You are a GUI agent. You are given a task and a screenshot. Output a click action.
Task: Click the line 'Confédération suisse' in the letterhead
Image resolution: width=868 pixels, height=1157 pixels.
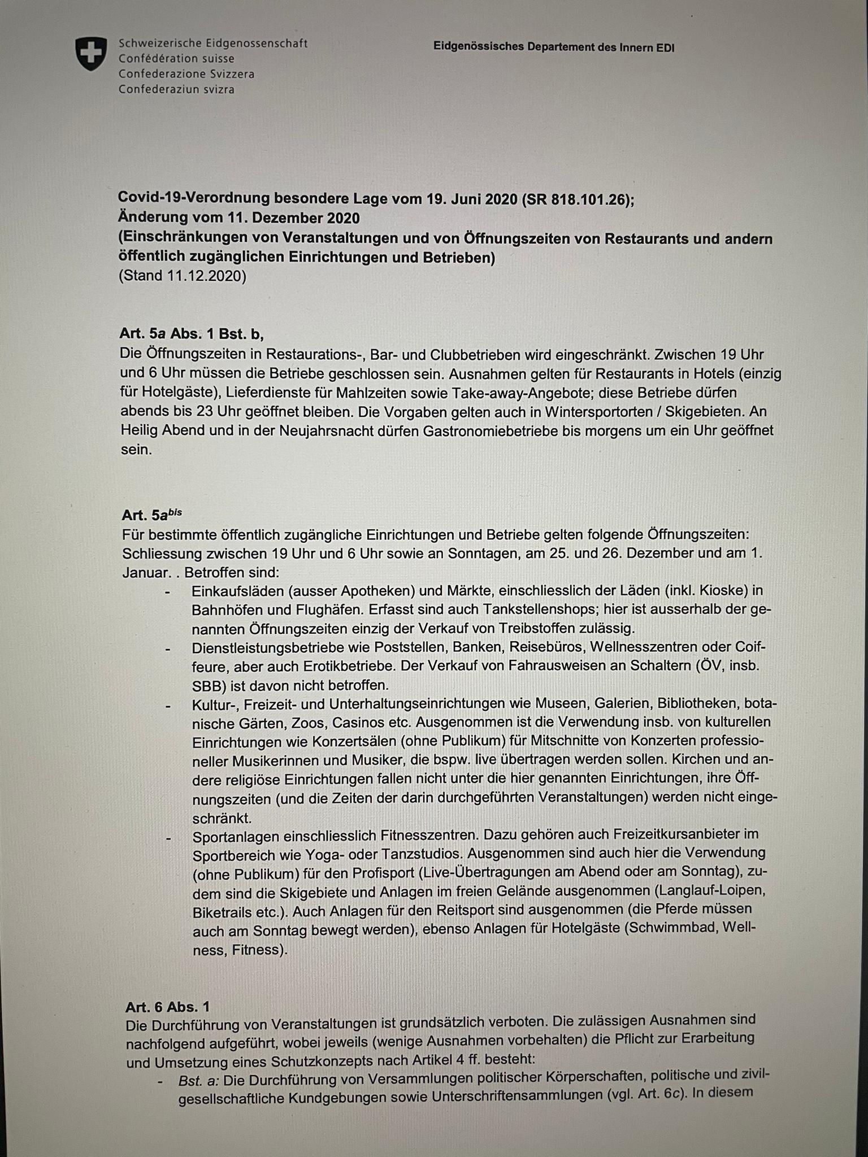176,59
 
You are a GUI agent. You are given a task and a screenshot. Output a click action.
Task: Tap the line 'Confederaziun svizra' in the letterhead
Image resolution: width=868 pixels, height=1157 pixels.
176,89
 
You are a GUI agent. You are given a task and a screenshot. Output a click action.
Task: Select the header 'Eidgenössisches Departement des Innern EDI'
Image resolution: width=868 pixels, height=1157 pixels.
554,47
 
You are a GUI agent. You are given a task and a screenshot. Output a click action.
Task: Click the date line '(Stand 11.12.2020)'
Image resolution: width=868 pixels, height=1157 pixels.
183,277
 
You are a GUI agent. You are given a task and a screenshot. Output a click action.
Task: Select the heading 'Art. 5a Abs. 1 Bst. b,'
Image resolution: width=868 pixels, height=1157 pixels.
192,334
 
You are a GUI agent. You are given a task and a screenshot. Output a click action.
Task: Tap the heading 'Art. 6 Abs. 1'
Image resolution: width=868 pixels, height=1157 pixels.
167,1007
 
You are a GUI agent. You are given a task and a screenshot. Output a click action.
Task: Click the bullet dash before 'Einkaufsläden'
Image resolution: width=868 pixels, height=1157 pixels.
167,591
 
